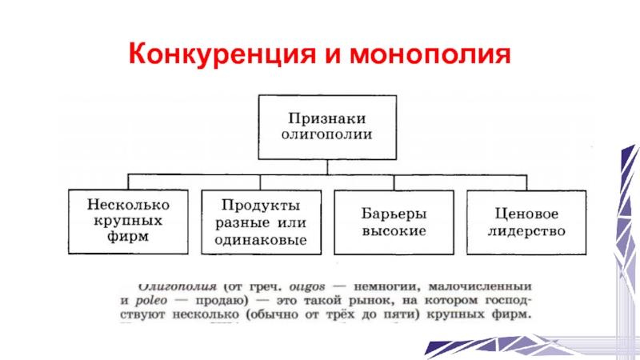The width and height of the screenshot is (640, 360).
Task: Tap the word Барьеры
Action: (x=392, y=214)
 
